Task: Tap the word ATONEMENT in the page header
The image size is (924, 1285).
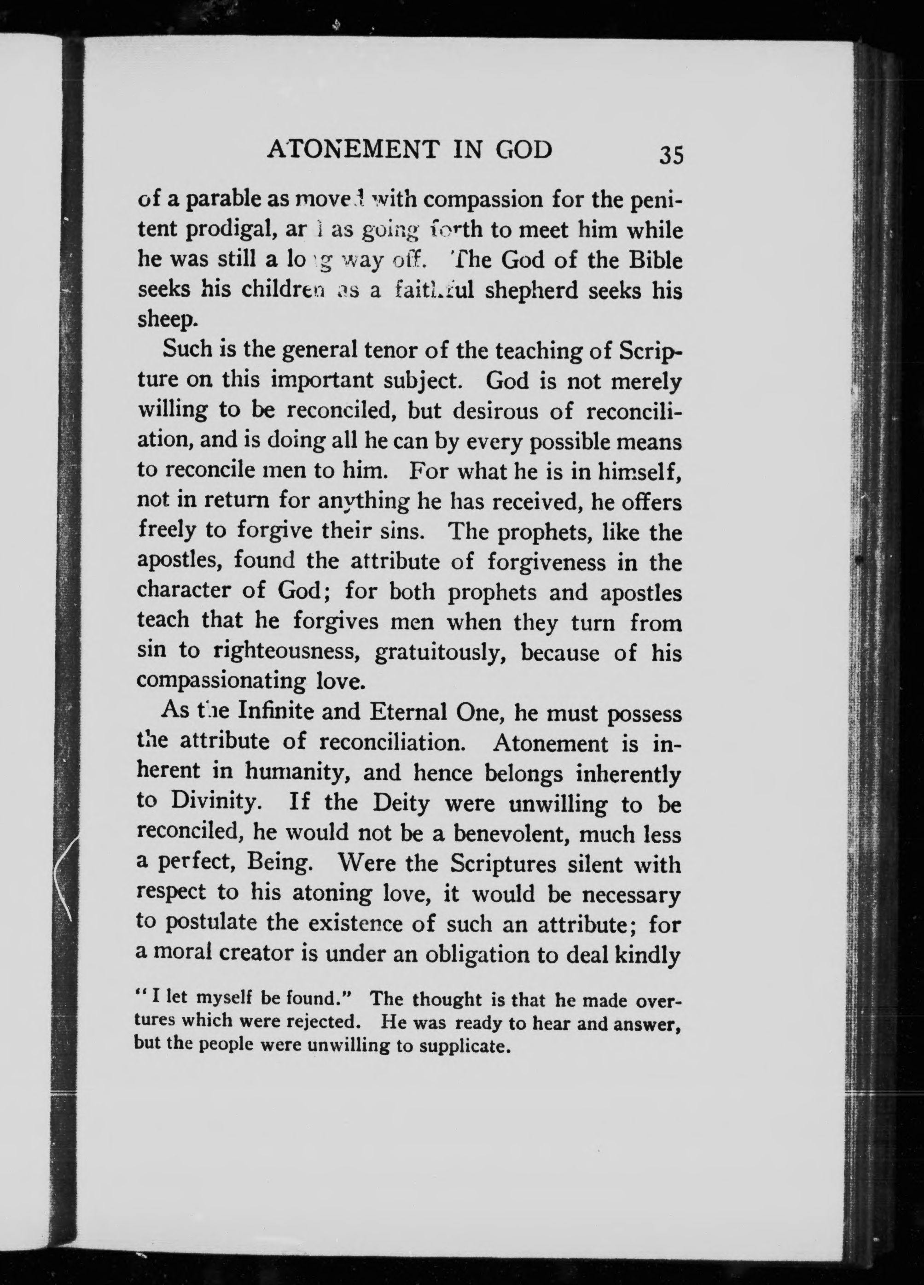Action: (353, 150)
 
